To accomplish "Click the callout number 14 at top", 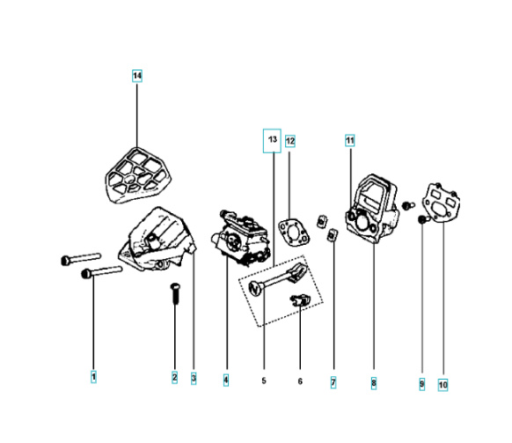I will click(x=137, y=77).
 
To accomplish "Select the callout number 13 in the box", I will click(x=273, y=140).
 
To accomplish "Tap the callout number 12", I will click(x=290, y=140).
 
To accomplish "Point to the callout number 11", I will click(x=349, y=140).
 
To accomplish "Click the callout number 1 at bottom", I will click(x=93, y=377).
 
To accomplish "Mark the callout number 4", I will click(x=226, y=380).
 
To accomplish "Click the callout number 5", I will click(x=263, y=380).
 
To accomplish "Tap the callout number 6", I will click(x=300, y=380).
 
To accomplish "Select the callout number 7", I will click(x=333, y=382).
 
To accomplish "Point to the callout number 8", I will click(x=374, y=383).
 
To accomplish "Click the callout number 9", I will click(x=421, y=384).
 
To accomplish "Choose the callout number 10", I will click(x=443, y=384).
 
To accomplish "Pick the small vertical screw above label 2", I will click(x=175, y=292).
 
